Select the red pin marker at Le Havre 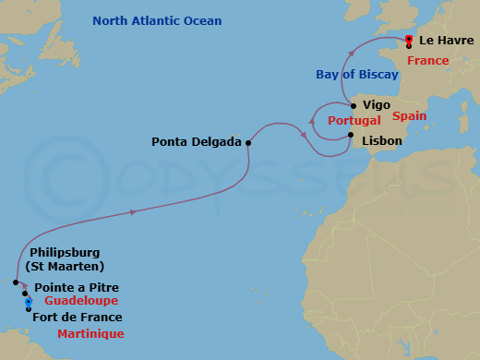tap(408, 40)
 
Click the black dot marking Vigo tap(353, 106)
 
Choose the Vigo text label tap(376, 106)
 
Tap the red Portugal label tap(343, 121)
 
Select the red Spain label tap(409, 116)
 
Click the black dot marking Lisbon tap(351, 136)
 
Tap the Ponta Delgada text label tap(197, 142)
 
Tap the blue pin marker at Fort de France tap(29, 302)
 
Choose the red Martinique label tap(90, 333)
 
